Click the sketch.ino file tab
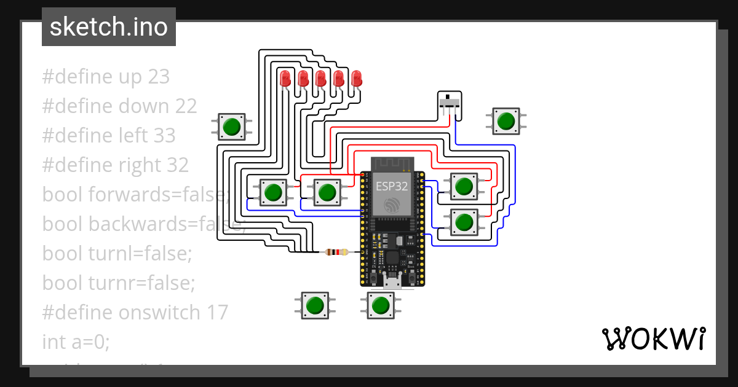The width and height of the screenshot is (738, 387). [x=109, y=27]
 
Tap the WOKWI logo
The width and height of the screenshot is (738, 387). [x=653, y=338]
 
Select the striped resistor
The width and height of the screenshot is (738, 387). [x=336, y=252]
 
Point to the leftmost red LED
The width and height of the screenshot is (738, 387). [x=285, y=79]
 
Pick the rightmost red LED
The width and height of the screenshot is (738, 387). [x=357, y=79]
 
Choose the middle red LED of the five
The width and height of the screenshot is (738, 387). [x=320, y=79]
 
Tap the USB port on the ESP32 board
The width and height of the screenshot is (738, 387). [x=392, y=282]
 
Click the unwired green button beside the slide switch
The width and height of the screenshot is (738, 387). [x=506, y=121]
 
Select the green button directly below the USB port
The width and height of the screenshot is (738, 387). [x=381, y=305]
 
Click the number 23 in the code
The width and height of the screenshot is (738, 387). [x=159, y=77]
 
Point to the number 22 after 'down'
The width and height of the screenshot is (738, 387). [x=186, y=106]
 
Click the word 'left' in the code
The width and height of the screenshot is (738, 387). [x=135, y=136]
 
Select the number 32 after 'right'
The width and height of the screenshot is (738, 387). [x=177, y=165]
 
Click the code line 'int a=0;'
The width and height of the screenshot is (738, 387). [x=76, y=342]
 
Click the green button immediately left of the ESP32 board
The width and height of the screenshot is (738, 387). [x=327, y=192]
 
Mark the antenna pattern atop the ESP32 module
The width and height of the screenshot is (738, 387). [x=392, y=164]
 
